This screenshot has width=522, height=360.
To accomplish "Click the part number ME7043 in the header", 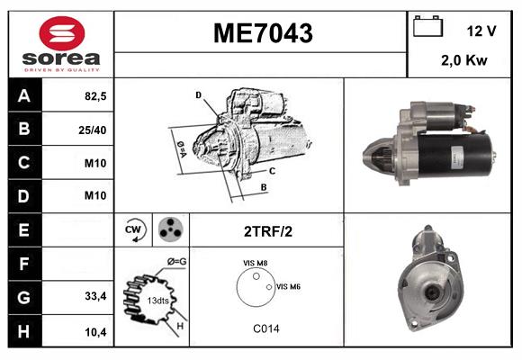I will [262, 33].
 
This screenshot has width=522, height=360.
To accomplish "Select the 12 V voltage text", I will [481, 31].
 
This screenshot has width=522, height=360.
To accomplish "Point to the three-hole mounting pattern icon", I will [169, 230].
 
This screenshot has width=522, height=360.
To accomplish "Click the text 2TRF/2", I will [267, 231].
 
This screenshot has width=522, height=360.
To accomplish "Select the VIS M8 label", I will [256, 263].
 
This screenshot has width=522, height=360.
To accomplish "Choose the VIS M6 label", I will [288, 286].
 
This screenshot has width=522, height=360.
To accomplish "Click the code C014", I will [265, 328].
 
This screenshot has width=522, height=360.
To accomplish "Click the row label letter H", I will [23, 331].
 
